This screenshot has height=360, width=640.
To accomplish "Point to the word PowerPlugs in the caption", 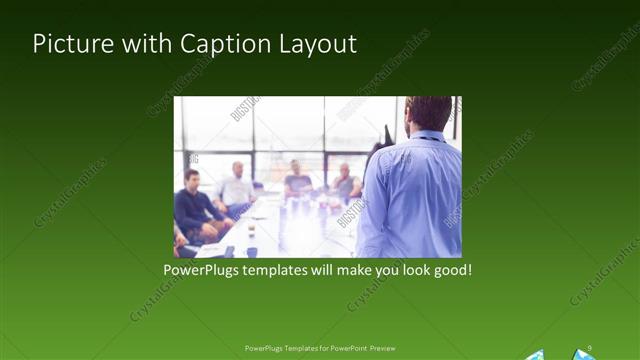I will coord(205,270).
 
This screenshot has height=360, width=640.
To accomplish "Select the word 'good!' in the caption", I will coord(449,270).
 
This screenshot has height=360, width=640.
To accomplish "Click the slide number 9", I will coord(590,347).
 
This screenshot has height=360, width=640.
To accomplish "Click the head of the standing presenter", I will coord(429,113).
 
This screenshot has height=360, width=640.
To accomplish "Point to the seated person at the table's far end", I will coord(297,178).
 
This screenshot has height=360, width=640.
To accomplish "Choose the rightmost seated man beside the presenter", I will coord(346,182).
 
